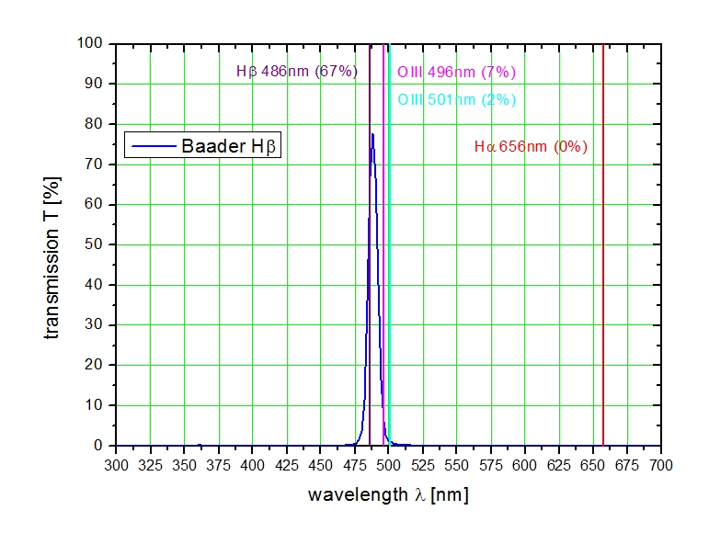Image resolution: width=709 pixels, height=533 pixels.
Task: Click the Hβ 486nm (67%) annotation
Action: [297, 72]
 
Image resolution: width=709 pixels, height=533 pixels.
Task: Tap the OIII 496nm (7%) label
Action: [456, 72]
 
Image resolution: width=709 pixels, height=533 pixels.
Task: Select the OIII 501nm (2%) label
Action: [456, 99]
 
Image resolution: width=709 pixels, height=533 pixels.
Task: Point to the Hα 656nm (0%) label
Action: [531, 146]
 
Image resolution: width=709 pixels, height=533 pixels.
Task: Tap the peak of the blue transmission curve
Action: [372, 134]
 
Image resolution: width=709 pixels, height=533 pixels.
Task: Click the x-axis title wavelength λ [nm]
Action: [387, 495]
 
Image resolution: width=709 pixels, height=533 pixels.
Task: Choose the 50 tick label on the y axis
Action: [95, 244]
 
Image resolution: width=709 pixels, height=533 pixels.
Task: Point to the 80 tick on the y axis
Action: [95, 124]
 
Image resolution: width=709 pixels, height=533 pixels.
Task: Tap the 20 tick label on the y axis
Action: [95, 365]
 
